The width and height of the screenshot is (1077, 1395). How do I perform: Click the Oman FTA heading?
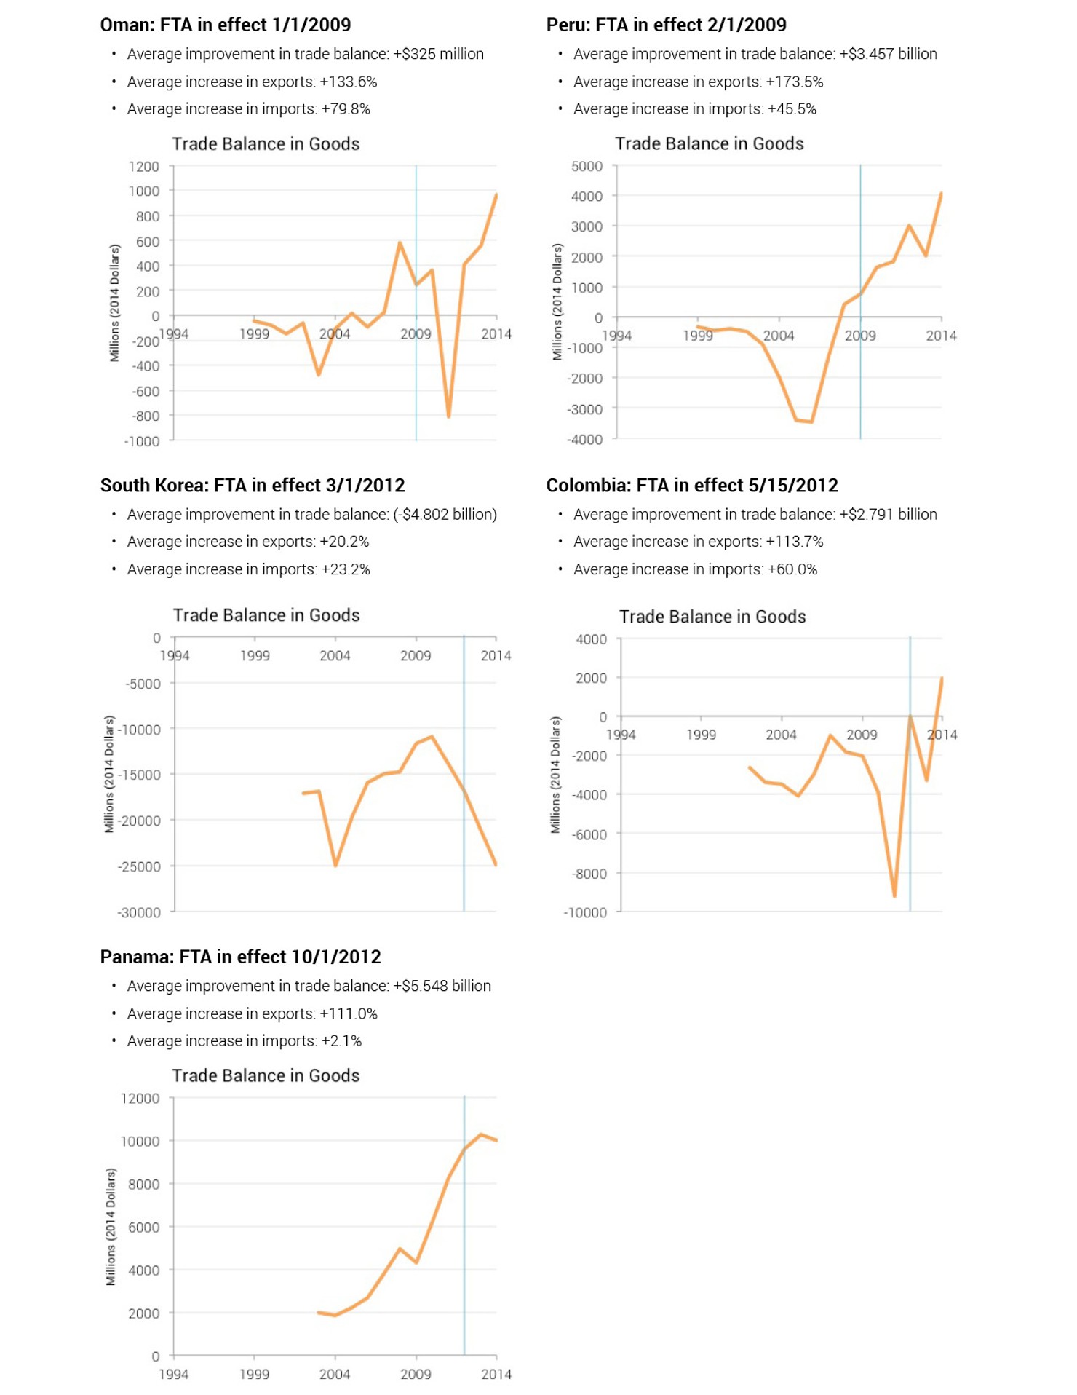225,25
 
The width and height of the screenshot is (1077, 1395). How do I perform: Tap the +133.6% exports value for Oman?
348,82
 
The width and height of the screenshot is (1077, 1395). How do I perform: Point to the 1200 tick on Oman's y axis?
144,167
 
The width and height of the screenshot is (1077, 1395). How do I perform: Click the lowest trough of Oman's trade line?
448,416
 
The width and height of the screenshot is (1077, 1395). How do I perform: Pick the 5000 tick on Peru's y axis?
587,167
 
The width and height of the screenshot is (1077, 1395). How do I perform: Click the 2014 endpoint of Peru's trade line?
941,194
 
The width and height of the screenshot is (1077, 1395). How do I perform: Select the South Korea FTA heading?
252,485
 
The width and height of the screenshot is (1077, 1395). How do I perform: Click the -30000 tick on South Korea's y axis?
139,912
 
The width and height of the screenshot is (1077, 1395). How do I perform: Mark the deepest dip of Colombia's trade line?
894,896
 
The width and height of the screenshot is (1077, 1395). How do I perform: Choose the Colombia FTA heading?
691,485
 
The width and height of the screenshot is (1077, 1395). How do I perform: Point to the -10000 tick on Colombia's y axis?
585,912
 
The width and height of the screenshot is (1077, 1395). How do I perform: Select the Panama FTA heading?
240,957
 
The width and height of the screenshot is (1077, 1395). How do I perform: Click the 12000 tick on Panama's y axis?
140,1099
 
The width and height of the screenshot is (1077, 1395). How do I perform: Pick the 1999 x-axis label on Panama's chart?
254,1374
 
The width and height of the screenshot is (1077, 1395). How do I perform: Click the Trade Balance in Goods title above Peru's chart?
709,143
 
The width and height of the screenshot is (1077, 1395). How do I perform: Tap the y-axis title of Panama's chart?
111,1227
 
